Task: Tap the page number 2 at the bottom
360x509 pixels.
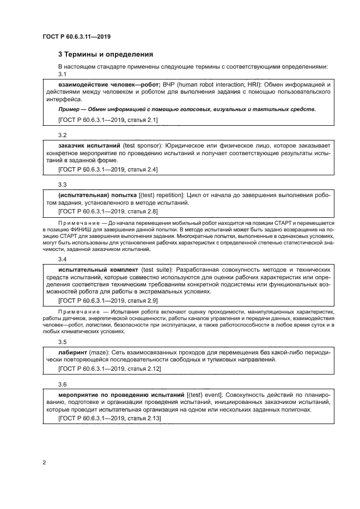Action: click(x=43, y=463)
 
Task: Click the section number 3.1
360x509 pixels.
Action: click(x=62, y=74)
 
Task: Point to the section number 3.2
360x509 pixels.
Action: click(x=62, y=134)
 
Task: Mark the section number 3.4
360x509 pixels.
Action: click(x=62, y=259)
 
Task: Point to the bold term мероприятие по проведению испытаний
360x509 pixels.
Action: click(x=121, y=394)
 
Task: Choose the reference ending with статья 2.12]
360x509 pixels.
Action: click(x=109, y=368)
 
